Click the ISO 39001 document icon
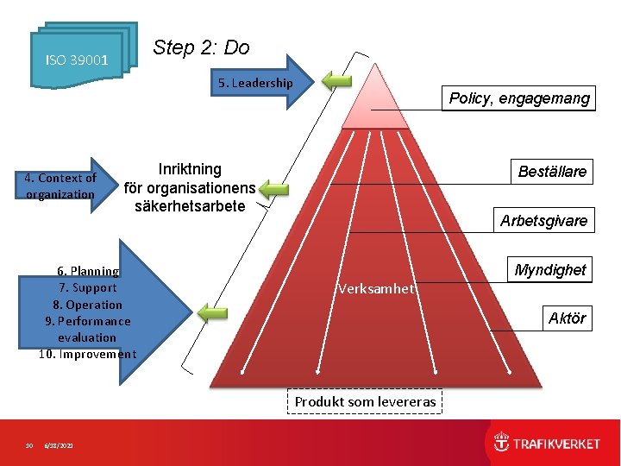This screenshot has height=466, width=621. (x=78, y=60)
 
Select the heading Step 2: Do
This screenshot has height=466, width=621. (x=201, y=47)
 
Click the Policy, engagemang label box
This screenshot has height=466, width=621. (x=519, y=98)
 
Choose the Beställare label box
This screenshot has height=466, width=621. (x=551, y=172)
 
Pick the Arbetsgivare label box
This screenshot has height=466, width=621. (x=543, y=221)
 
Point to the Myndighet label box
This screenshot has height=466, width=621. (x=549, y=270)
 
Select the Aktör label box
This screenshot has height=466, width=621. (x=567, y=318)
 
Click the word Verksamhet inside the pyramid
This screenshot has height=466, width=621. (x=376, y=289)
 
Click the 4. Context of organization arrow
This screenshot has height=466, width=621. (x=65, y=186)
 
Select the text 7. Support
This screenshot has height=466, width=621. (x=87, y=287)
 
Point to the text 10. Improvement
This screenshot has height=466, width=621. (x=87, y=354)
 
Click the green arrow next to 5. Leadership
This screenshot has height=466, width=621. (x=337, y=81)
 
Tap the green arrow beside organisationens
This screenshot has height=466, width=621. (x=273, y=189)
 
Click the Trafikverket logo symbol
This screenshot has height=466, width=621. (x=501, y=444)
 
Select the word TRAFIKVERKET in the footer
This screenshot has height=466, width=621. (x=557, y=444)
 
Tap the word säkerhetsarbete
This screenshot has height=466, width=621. (x=190, y=205)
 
